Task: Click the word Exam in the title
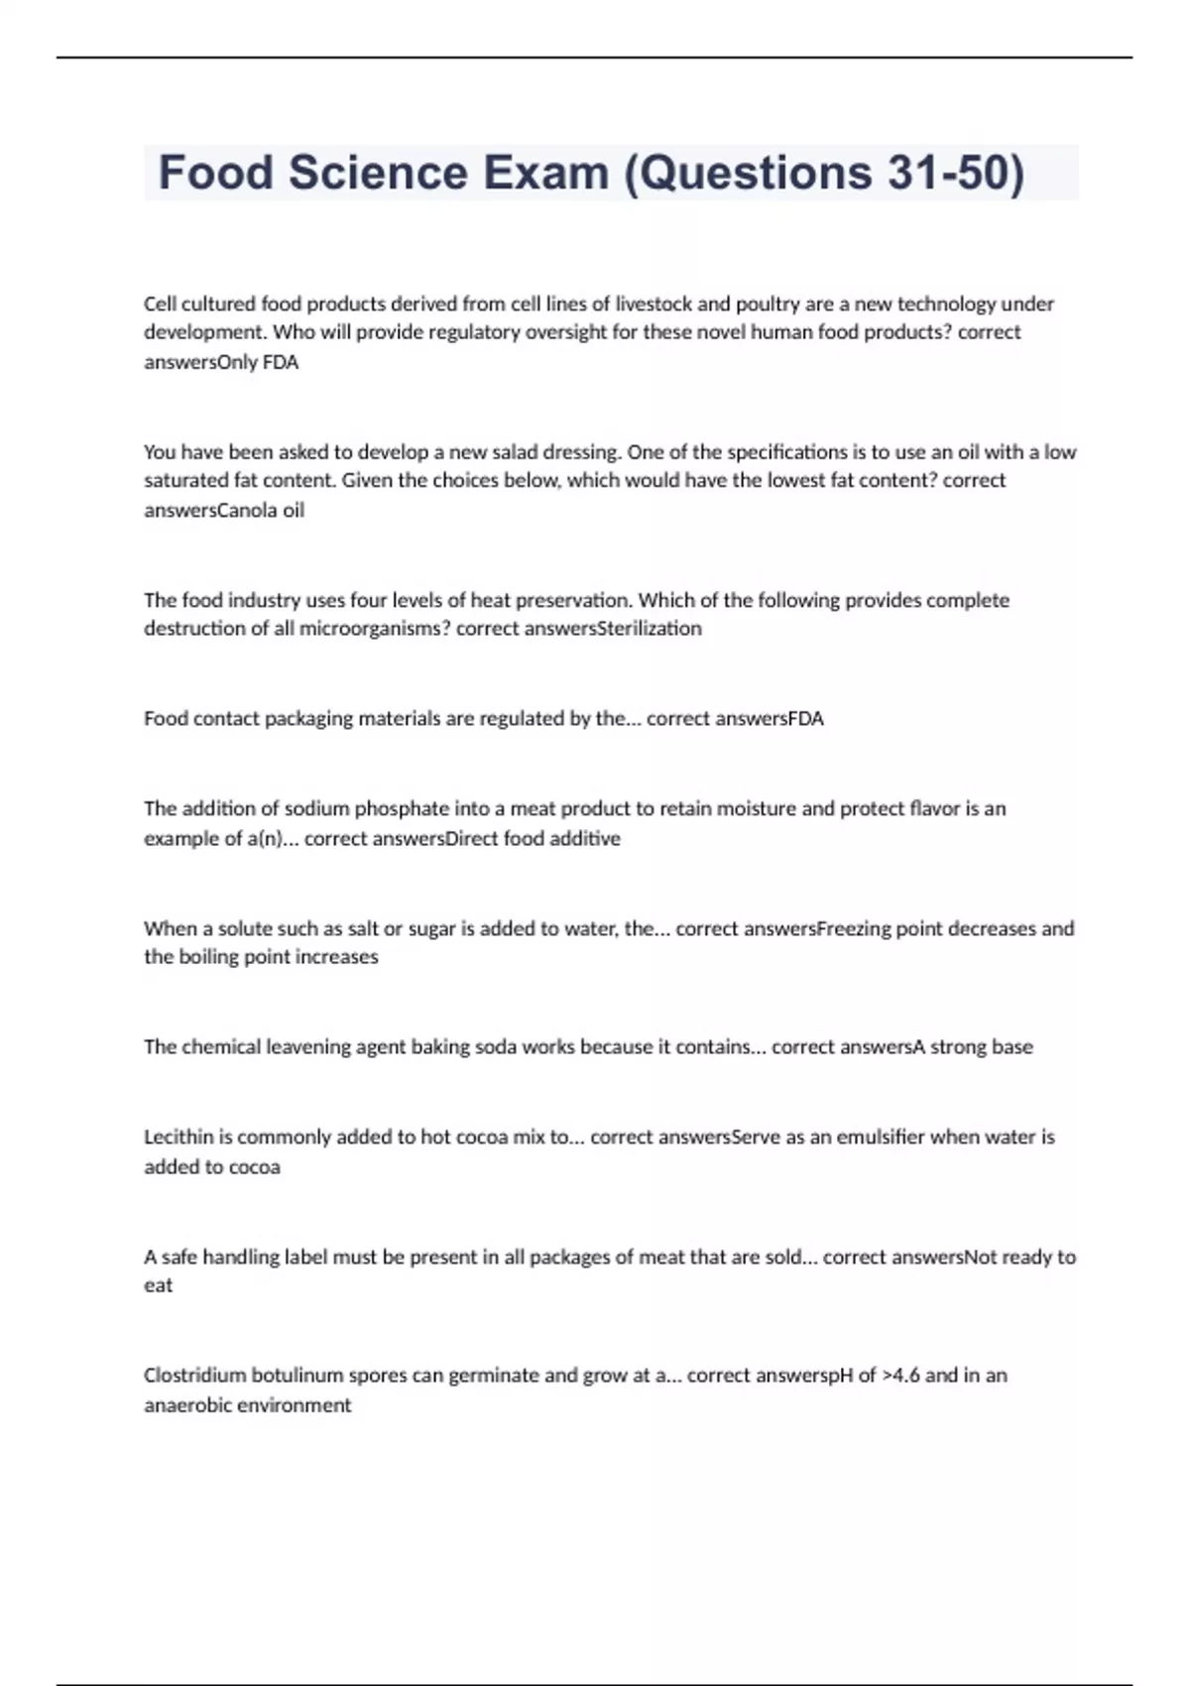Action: click(x=546, y=173)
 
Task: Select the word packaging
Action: click(x=308, y=718)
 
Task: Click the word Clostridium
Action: click(x=194, y=1375)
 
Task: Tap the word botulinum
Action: click(x=297, y=1375)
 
